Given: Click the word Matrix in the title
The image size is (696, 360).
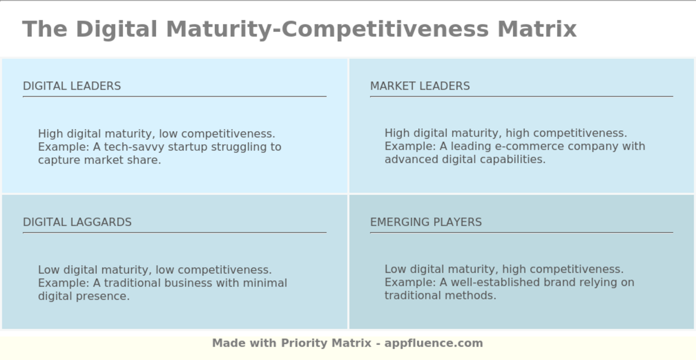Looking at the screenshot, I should tap(537, 29).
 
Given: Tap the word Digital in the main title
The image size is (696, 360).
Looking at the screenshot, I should tap(117, 29).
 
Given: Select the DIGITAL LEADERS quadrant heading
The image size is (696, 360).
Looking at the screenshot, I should tap(72, 86).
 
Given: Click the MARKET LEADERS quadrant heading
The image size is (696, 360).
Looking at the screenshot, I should tap(420, 86).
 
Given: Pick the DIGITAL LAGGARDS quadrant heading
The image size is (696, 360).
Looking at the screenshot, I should tap(77, 222).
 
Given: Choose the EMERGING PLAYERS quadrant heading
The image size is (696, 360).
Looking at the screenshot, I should tap(426, 222).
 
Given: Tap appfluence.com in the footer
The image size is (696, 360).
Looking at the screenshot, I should tap(434, 343).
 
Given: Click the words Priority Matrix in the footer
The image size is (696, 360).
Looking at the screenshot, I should tap(326, 343).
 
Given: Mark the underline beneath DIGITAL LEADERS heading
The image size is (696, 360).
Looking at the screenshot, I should tap(174, 96).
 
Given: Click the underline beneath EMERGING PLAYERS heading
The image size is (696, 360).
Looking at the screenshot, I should tap(522, 232).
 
